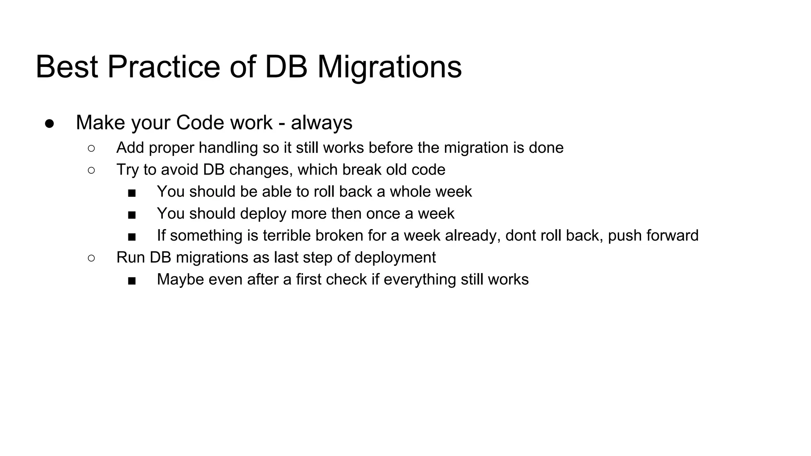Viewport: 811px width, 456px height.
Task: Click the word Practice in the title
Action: point(163,67)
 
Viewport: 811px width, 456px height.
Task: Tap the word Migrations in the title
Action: point(389,67)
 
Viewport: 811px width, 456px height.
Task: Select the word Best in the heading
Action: point(67,67)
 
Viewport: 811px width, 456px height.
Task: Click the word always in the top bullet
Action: point(322,122)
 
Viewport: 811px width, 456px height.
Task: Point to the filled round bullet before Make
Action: point(49,123)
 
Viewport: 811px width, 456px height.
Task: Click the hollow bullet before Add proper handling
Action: point(91,148)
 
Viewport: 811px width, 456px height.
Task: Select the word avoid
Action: point(179,169)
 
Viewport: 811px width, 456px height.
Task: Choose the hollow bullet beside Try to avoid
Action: point(91,170)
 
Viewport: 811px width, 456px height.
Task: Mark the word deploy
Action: point(263,213)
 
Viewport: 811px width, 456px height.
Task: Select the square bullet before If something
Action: point(132,237)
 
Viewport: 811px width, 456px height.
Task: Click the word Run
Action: point(130,257)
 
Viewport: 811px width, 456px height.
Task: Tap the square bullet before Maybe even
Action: point(132,281)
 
